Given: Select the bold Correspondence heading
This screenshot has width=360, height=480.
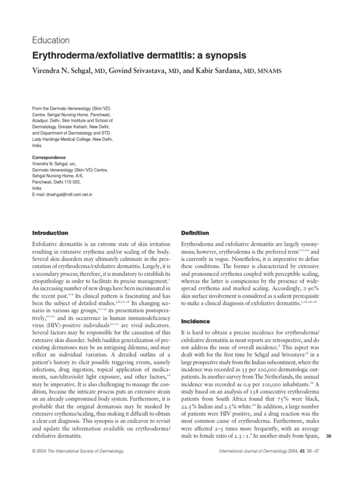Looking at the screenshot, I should point(49,157).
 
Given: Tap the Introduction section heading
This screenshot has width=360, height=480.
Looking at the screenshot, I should point(50,233).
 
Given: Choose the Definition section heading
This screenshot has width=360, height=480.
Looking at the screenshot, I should point(195,233).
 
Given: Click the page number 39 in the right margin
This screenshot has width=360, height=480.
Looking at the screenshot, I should point(328,437).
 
